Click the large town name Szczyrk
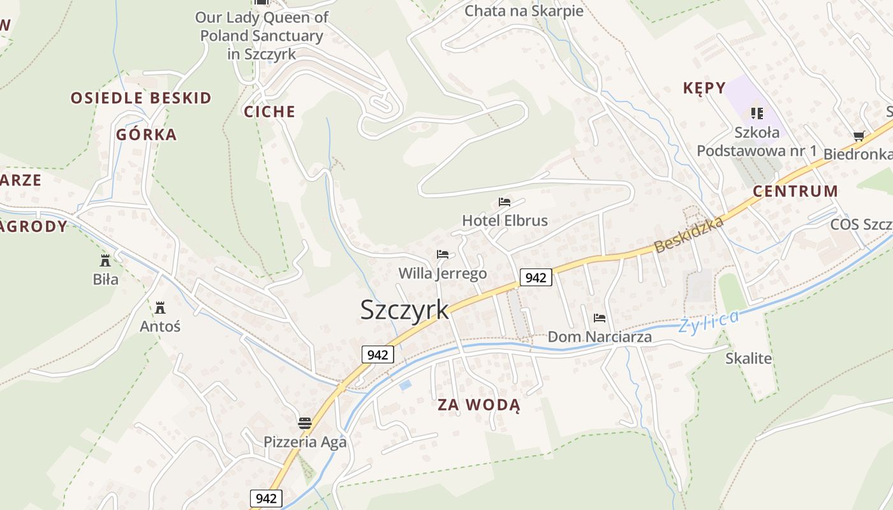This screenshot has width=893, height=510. [404, 310]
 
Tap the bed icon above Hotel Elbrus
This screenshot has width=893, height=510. [505, 202]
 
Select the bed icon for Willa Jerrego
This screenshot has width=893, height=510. [443, 254]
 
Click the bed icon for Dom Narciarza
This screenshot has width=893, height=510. [600, 317]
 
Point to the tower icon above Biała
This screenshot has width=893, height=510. [105, 260]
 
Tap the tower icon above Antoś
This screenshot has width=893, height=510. [160, 308]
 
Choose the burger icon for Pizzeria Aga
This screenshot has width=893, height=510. [305, 423]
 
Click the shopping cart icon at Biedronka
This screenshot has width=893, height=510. [859, 136]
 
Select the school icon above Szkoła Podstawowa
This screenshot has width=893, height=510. [757, 113]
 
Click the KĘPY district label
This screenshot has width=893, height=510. [704, 88]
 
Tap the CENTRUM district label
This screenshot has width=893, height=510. [795, 191]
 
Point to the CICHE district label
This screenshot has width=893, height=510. [270, 112]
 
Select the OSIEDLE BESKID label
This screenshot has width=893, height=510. [141, 98]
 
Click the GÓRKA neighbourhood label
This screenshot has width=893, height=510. [147, 135]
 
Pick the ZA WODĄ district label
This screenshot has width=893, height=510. [479, 405]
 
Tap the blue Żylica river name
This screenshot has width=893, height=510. [709, 321]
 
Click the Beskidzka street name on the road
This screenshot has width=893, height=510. [690, 234]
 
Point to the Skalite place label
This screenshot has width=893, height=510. [748, 358]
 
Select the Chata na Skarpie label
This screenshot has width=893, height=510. [524, 11]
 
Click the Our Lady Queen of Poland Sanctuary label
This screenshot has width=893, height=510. [262, 35]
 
